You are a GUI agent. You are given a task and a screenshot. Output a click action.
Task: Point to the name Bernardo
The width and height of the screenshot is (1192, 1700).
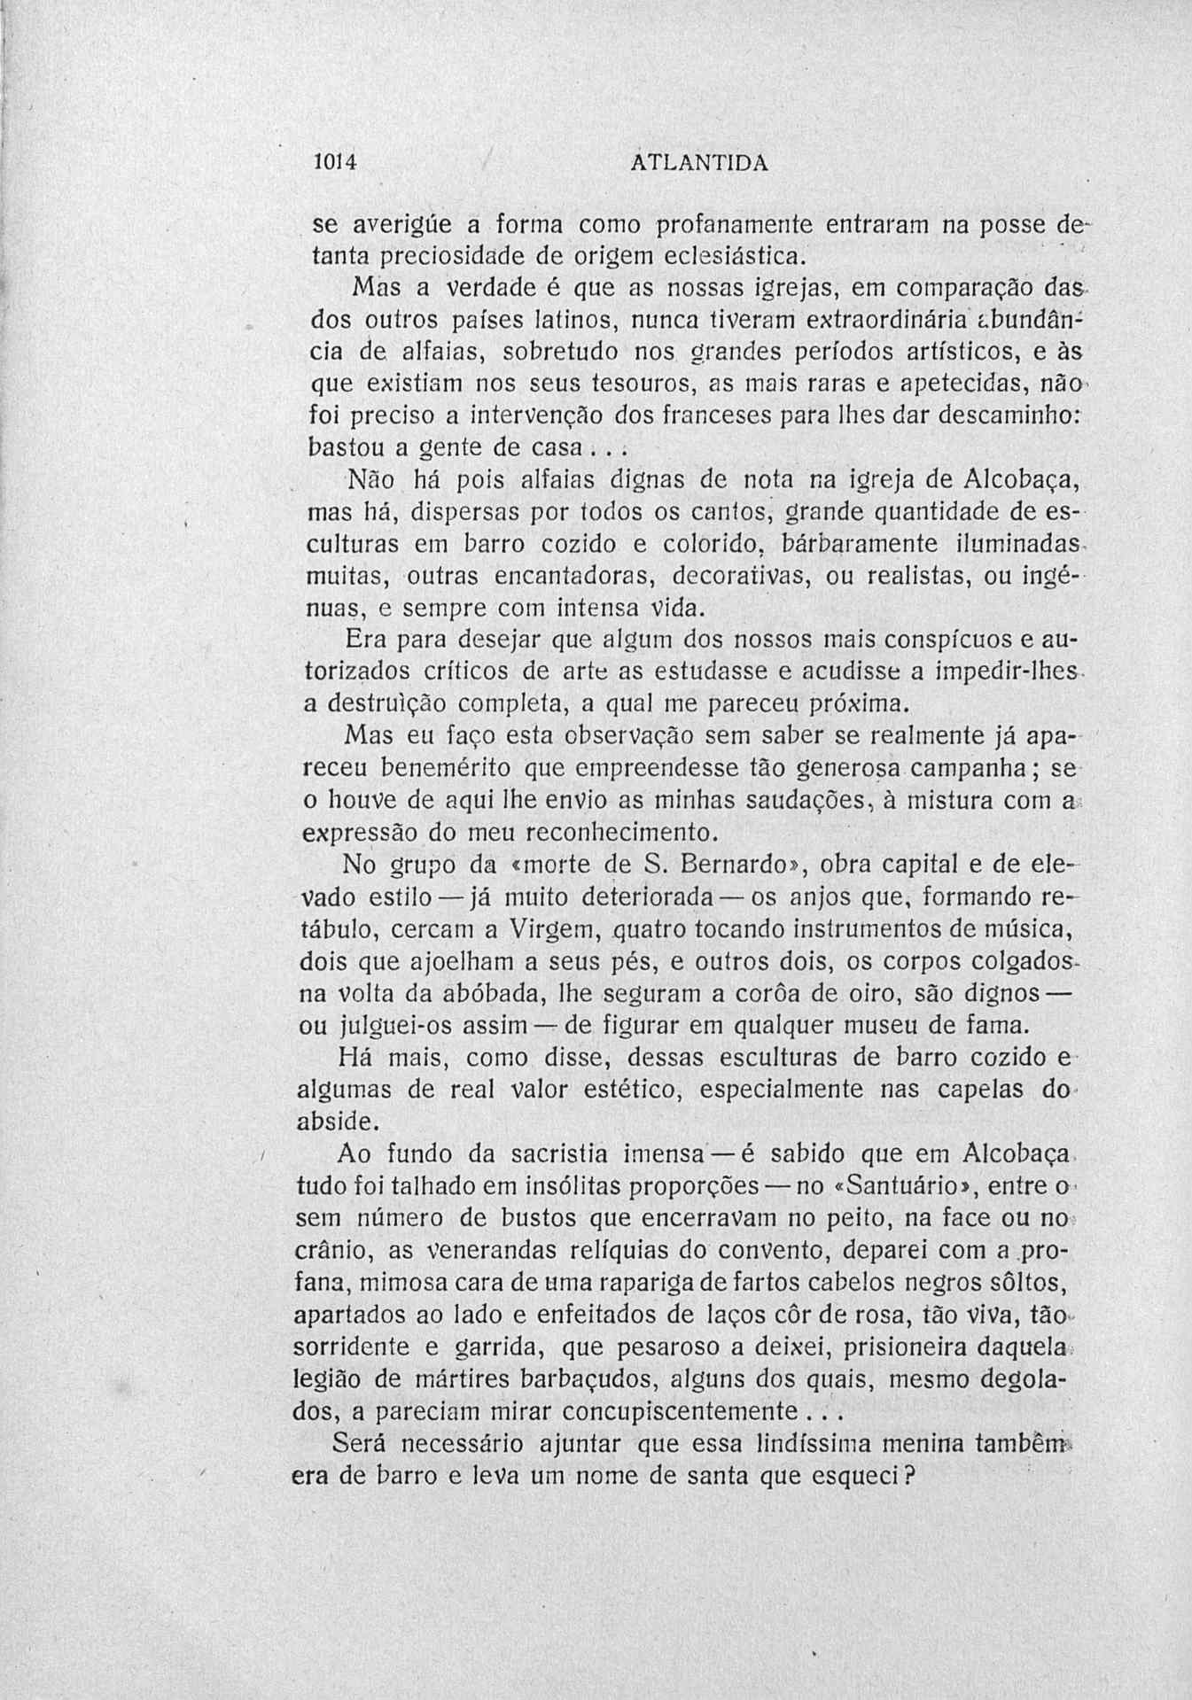[x=758, y=863]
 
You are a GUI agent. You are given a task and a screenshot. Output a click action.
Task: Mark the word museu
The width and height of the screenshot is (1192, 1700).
[x=922, y=1026]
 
